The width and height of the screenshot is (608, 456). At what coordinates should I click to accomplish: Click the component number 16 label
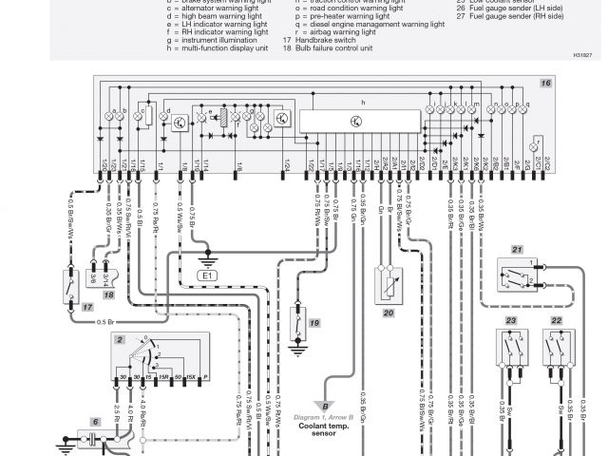[x=544, y=85]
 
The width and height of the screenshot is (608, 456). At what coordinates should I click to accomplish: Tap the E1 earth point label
[x=208, y=275]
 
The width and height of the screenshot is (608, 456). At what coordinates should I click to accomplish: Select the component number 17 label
[x=86, y=307]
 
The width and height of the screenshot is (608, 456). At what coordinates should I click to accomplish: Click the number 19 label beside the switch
[x=314, y=323]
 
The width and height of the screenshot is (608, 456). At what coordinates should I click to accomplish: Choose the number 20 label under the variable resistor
[x=389, y=312]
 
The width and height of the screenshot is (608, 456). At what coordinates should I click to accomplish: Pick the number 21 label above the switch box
[x=517, y=250]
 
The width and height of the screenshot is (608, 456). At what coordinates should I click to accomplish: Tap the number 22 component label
[x=556, y=322]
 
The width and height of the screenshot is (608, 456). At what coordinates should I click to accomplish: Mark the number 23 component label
[x=510, y=322]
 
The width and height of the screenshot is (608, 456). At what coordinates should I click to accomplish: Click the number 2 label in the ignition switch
[x=120, y=339]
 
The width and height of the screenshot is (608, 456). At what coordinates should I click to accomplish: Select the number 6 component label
[x=94, y=421]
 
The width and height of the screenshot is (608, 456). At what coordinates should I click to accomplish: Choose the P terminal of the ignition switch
[x=205, y=378]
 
